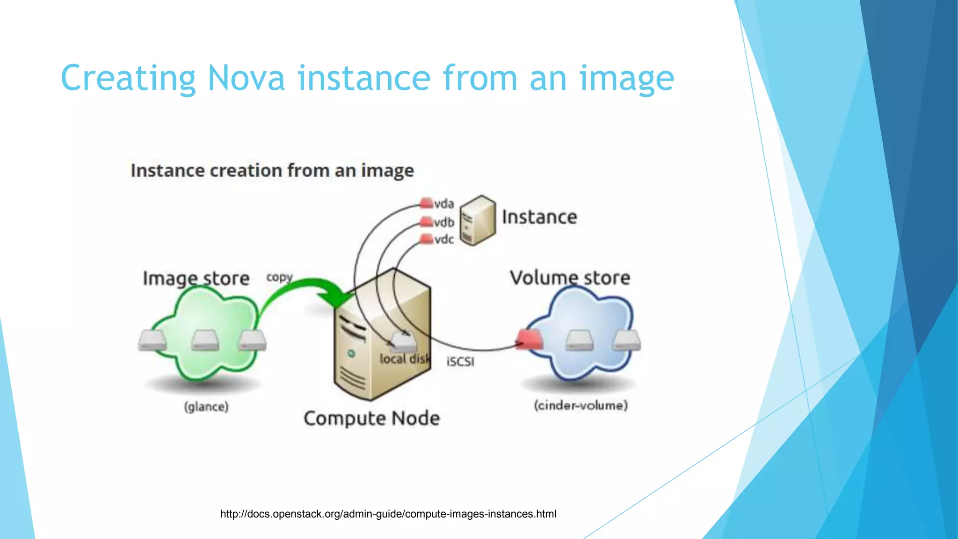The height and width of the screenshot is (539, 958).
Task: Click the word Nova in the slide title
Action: coord(246,79)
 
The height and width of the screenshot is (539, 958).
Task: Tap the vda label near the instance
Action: coord(443,204)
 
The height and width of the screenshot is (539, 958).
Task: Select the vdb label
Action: coord(443,222)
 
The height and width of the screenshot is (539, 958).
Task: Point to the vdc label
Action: coord(443,240)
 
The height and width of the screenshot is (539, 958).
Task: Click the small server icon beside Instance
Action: coord(477,220)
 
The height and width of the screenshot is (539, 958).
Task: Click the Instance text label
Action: coord(539,217)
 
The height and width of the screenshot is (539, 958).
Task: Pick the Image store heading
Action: coord(196,278)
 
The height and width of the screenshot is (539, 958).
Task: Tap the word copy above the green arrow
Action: coord(279,277)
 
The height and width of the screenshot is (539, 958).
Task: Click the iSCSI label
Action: coord(460,362)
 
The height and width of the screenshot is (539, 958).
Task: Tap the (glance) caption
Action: coord(206,407)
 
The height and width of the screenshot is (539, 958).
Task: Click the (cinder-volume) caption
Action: coord(581,405)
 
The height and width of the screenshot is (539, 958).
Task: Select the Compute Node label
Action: coord(372,418)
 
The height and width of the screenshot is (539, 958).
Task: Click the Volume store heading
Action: coord(570,278)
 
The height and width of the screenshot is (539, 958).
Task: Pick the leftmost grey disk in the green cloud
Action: coord(152,340)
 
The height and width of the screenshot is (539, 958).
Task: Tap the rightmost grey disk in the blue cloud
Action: coord(626,340)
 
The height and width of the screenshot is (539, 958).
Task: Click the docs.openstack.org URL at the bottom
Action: coord(388,514)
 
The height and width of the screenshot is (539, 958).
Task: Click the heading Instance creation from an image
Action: coord(272,171)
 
